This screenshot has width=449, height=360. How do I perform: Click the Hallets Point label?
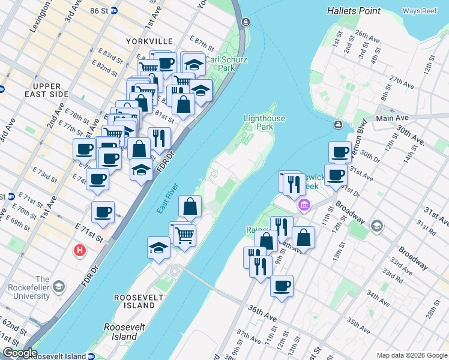[355, 11]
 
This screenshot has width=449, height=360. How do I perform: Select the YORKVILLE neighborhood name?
[149, 41]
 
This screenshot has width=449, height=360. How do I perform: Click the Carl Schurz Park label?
[220, 64]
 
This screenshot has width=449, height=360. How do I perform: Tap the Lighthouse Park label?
[264, 122]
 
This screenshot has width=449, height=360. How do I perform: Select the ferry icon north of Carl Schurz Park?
[246, 22]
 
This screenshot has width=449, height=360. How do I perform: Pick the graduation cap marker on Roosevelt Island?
[158, 248]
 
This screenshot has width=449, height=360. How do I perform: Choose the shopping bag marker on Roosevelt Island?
[190, 206]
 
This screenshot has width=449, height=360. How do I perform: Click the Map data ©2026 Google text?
[412, 355]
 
